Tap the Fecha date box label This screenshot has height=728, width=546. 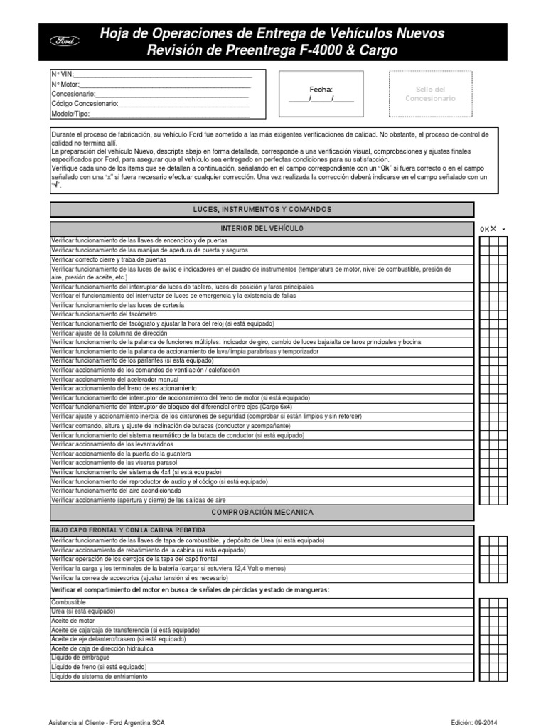coord(321,90)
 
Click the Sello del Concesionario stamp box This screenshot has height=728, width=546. coord(430,94)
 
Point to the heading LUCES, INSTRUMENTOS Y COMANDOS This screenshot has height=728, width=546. coord(262,209)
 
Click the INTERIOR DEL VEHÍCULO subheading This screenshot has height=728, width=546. coord(262,228)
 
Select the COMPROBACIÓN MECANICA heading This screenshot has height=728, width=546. coord(262,512)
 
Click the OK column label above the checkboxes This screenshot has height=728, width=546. coord(484,229)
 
